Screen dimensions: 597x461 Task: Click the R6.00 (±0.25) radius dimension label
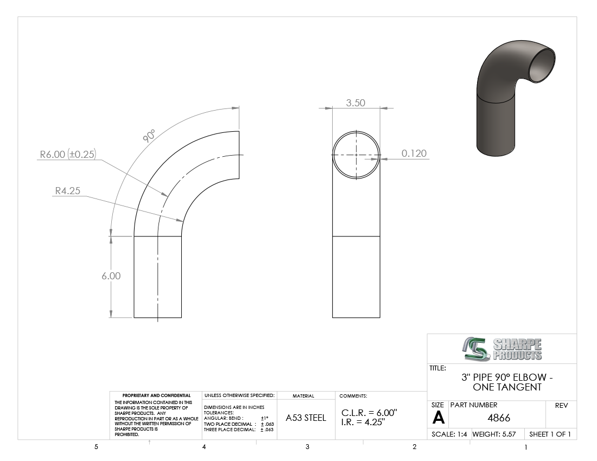click(68, 154)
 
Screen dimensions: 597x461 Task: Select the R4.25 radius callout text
click(68, 190)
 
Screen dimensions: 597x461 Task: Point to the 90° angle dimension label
click(149, 136)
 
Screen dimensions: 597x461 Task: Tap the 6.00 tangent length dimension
click(111, 276)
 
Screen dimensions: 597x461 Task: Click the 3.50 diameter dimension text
click(355, 103)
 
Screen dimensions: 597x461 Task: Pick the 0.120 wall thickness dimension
click(414, 153)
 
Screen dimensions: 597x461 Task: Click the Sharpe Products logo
click(502, 349)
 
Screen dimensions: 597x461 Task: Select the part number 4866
click(499, 418)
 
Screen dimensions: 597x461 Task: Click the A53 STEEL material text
click(306, 418)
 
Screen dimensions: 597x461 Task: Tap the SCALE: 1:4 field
click(449, 434)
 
